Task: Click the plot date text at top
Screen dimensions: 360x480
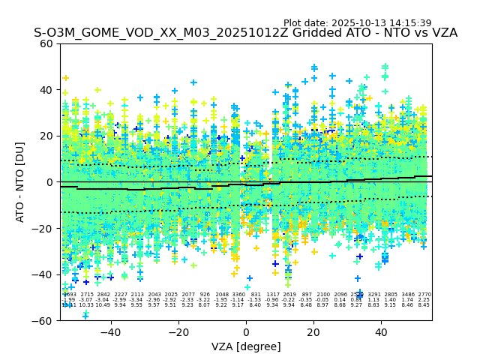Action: click(x=357, y=23)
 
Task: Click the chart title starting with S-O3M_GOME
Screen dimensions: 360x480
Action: click(x=245, y=34)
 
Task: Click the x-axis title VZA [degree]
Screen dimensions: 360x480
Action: click(x=246, y=346)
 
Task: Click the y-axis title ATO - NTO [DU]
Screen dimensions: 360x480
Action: click(x=21, y=181)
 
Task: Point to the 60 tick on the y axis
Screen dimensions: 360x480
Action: click(x=46, y=43)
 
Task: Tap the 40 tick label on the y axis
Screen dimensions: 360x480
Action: click(x=46, y=90)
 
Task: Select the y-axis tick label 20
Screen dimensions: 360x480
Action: click(x=46, y=136)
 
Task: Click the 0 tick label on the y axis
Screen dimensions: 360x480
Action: click(x=49, y=182)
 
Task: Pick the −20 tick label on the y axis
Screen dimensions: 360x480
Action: click(x=43, y=228)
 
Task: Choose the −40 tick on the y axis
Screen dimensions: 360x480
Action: click(x=43, y=274)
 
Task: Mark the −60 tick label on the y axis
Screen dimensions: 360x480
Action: click(x=43, y=320)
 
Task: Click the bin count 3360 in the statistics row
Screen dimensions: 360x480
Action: click(x=238, y=295)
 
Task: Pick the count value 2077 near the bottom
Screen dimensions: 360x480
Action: click(x=188, y=295)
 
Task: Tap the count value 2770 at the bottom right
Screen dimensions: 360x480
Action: click(x=424, y=295)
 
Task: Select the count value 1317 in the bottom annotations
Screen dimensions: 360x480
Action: click(x=272, y=295)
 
